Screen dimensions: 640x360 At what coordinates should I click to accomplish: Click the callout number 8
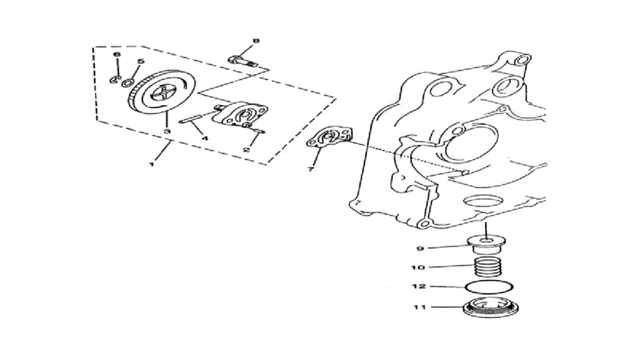(256, 41)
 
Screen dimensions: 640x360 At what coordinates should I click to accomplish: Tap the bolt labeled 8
(242, 62)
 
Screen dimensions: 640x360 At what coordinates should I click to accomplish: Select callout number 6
(117, 54)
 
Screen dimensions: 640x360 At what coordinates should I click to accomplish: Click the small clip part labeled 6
(114, 79)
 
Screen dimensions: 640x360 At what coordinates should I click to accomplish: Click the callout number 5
(141, 62)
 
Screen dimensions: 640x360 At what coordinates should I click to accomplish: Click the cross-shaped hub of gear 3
(162, 95)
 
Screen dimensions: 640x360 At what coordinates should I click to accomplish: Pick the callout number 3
(166, 131)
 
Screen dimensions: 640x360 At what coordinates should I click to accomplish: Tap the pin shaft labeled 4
(191, 120)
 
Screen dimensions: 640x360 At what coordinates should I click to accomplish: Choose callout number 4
(205, 138)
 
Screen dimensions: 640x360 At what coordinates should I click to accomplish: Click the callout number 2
(246, 149)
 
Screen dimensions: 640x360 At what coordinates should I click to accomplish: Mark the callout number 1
(152, 164)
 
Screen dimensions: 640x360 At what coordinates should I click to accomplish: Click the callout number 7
(311, 169)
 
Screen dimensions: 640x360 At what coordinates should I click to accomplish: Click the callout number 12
(419, 286)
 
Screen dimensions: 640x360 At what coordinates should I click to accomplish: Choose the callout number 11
(420, 307)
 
